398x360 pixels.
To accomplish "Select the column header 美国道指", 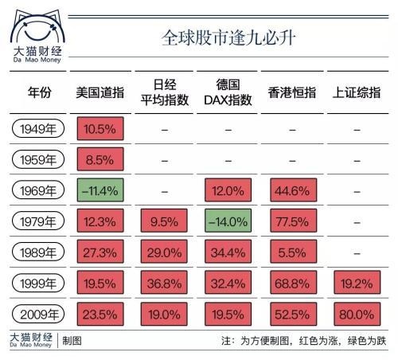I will point(99,93).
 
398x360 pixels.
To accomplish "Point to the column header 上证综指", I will point(357,93).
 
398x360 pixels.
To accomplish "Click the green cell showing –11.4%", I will point(99,190).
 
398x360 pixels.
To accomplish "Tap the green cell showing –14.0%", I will point(228,221).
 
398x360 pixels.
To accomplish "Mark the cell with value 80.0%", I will point(357,314).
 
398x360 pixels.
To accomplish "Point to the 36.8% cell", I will point(163,284).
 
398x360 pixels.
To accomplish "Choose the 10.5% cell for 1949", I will point(99,129).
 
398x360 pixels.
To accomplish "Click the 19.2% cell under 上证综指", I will point(357,284).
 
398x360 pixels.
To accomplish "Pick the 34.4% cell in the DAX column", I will point(228,252).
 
